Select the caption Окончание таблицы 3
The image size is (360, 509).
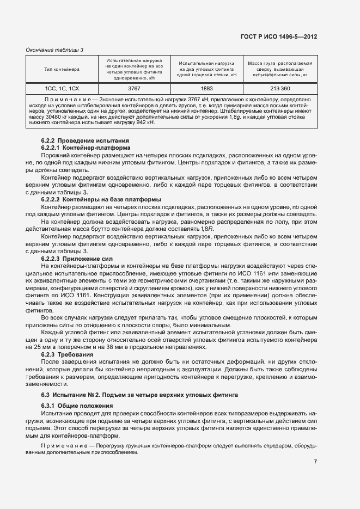click(54, 50)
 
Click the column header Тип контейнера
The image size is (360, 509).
click(62, 69)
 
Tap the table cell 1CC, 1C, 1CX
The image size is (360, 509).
click(62, 88)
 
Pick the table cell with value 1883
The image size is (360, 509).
click(206, 88)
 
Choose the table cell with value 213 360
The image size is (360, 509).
click(280, 88)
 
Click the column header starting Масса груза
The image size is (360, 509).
click(280, 69)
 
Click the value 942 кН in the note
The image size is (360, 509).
click(144, 123)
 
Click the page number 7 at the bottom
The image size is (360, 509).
click(315, 462)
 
